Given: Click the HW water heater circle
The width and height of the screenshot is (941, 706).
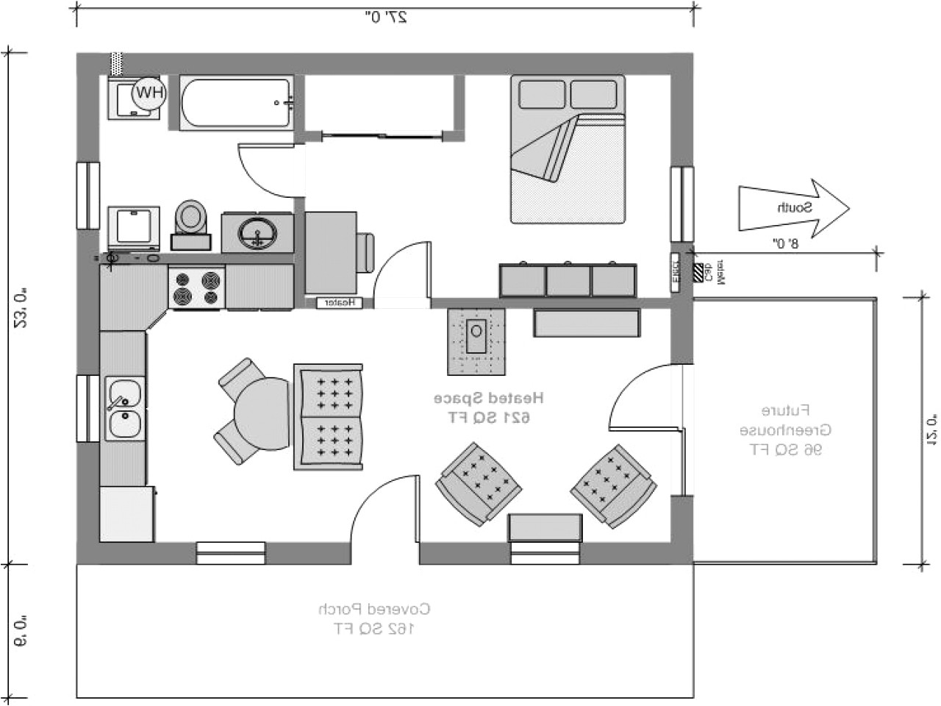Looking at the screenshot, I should tap(149, 93).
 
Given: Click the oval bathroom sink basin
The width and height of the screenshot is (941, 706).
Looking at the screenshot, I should tap(257, 234).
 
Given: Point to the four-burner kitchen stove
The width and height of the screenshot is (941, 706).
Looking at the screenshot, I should tap(196, 288).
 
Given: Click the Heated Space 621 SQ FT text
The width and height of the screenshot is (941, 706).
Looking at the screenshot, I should tap(487, 407).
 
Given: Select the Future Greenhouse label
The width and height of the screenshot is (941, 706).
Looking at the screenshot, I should tap(781, 429).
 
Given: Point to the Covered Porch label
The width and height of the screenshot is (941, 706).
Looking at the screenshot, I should tap(374, 618).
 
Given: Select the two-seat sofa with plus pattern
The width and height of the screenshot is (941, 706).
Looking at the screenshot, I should tap(328, 417).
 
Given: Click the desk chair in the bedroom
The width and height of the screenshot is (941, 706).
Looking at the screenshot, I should tap(365, 252).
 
